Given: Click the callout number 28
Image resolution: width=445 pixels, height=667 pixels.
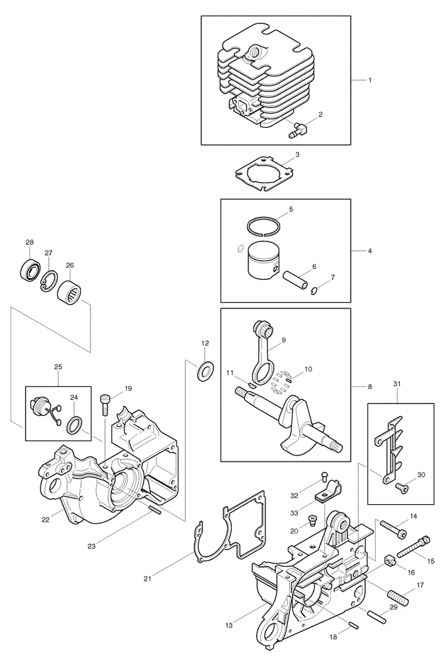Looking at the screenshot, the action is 29,242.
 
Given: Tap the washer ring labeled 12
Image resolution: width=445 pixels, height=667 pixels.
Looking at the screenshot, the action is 205,370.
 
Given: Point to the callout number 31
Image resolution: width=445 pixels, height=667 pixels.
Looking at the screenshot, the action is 397,384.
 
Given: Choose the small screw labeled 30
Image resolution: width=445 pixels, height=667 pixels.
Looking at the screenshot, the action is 401,485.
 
